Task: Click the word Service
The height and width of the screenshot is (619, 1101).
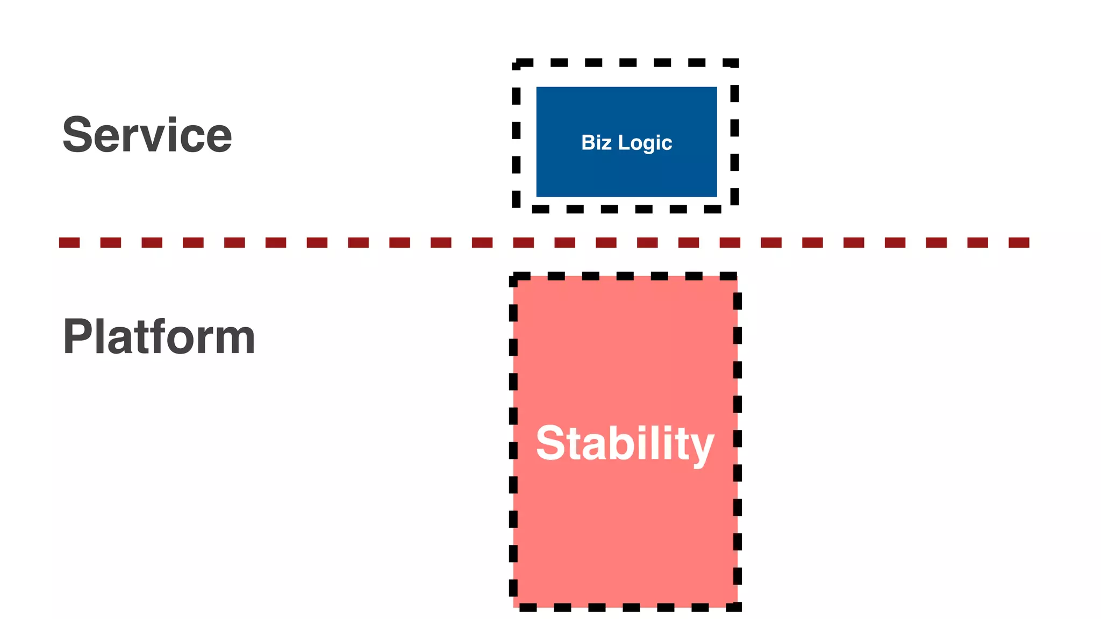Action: click(x=147, y=135)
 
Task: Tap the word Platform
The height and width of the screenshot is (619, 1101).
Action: click(x=159, y=337)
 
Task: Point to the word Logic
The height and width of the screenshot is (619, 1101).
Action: click(x=645, y=143)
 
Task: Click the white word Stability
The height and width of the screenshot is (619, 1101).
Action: click(x=625, y=443)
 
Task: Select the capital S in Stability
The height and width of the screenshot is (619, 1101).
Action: click(x=550, y=443)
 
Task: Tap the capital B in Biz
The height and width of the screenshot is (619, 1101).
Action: click(x=588, y=142)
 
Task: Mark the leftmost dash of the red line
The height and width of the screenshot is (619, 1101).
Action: click(x=69, y=243)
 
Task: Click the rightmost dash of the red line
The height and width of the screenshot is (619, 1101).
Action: click(x=1019, y=243)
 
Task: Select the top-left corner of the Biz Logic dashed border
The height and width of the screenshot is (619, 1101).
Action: click(x=516, y=63)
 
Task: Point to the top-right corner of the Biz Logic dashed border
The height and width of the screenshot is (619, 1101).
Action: click(x=734, y=63)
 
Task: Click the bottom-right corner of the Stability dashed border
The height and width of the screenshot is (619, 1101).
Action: click(x=738, y=607)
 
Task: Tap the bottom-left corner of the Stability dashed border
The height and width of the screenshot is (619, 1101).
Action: click(x=514, y=607)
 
